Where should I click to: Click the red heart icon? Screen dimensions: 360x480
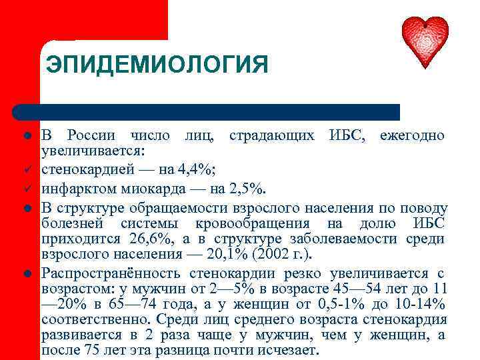coord(425,41)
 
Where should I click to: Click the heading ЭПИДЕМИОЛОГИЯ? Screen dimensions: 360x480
coord(157,66)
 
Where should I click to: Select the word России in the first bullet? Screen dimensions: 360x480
coord(91,135)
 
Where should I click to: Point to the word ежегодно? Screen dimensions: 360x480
coord(412,135)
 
